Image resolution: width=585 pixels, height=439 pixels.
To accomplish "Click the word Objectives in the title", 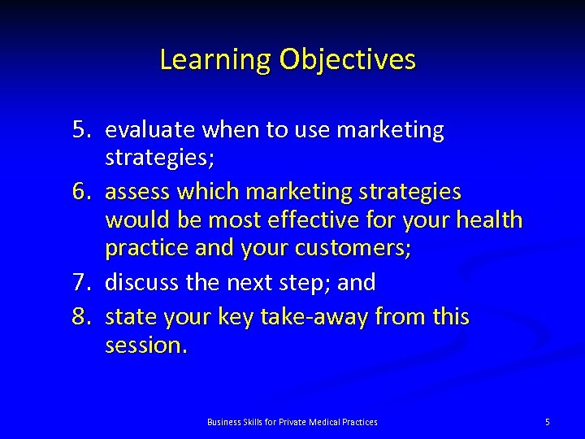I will coord(347,60).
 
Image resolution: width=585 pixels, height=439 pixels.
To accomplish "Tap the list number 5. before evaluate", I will coord(84,130).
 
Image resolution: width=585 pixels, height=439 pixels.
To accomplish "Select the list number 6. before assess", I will coord(84,192).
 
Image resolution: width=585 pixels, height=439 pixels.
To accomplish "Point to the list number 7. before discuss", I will coord(84,283).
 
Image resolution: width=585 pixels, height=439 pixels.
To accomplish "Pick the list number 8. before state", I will coord(84,315).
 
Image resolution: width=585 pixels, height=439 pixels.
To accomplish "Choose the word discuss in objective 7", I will coord(141,283).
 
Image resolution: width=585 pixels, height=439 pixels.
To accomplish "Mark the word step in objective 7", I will coord(305,283).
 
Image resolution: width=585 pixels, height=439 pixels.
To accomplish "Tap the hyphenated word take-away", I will coord(315,315).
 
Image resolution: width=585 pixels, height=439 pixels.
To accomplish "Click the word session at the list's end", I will coord(145,346).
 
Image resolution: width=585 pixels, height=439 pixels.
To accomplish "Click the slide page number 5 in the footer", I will coord(547,422).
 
